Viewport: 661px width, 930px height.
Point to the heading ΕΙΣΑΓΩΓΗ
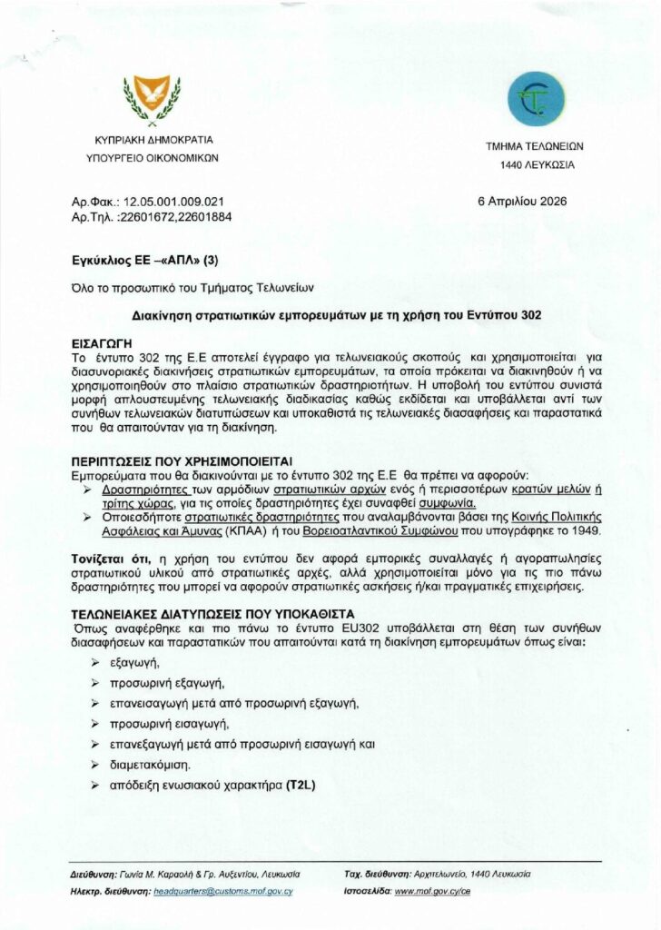107,345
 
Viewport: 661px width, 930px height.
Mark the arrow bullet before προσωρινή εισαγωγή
95,725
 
